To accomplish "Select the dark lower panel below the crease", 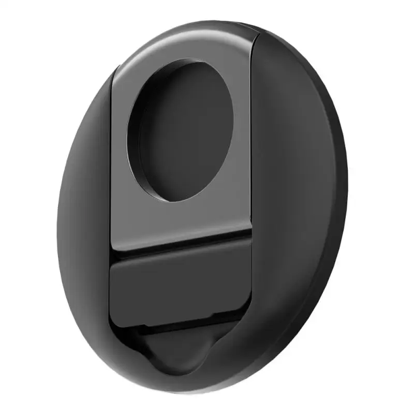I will (x=181, y=290).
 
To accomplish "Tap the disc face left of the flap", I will (x=85, y=217).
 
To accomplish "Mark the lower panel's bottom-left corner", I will (x=111, y=318).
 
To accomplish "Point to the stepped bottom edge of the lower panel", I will (x=181, y=325).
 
